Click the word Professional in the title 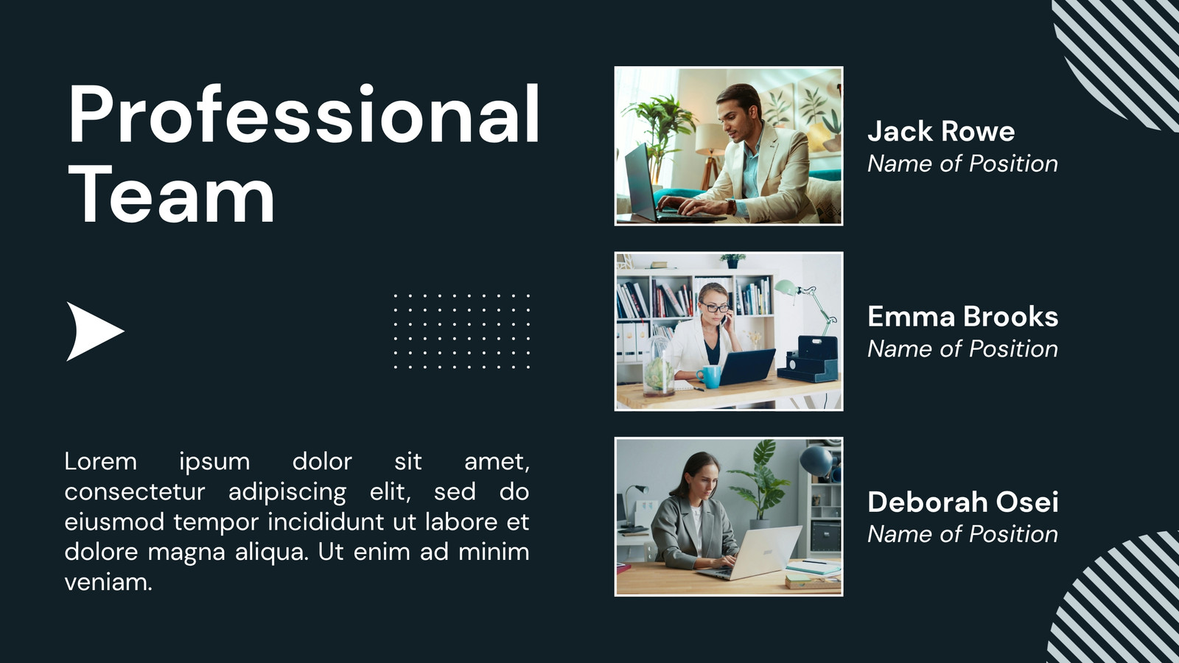(304, 113)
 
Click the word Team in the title (172, 194)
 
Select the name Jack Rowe (941, 131)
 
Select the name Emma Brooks (962, 316)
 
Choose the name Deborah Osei (962, 502)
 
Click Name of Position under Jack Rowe (962, 164)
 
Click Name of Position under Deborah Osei (962, 534)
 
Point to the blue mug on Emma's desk (710, 376)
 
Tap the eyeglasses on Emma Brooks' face (715, 307)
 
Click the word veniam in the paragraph (108, 583)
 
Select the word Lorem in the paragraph (100, 461)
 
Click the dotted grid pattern (461, 331)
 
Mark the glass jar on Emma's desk (659, 366)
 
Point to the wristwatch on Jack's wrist (731, 206)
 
